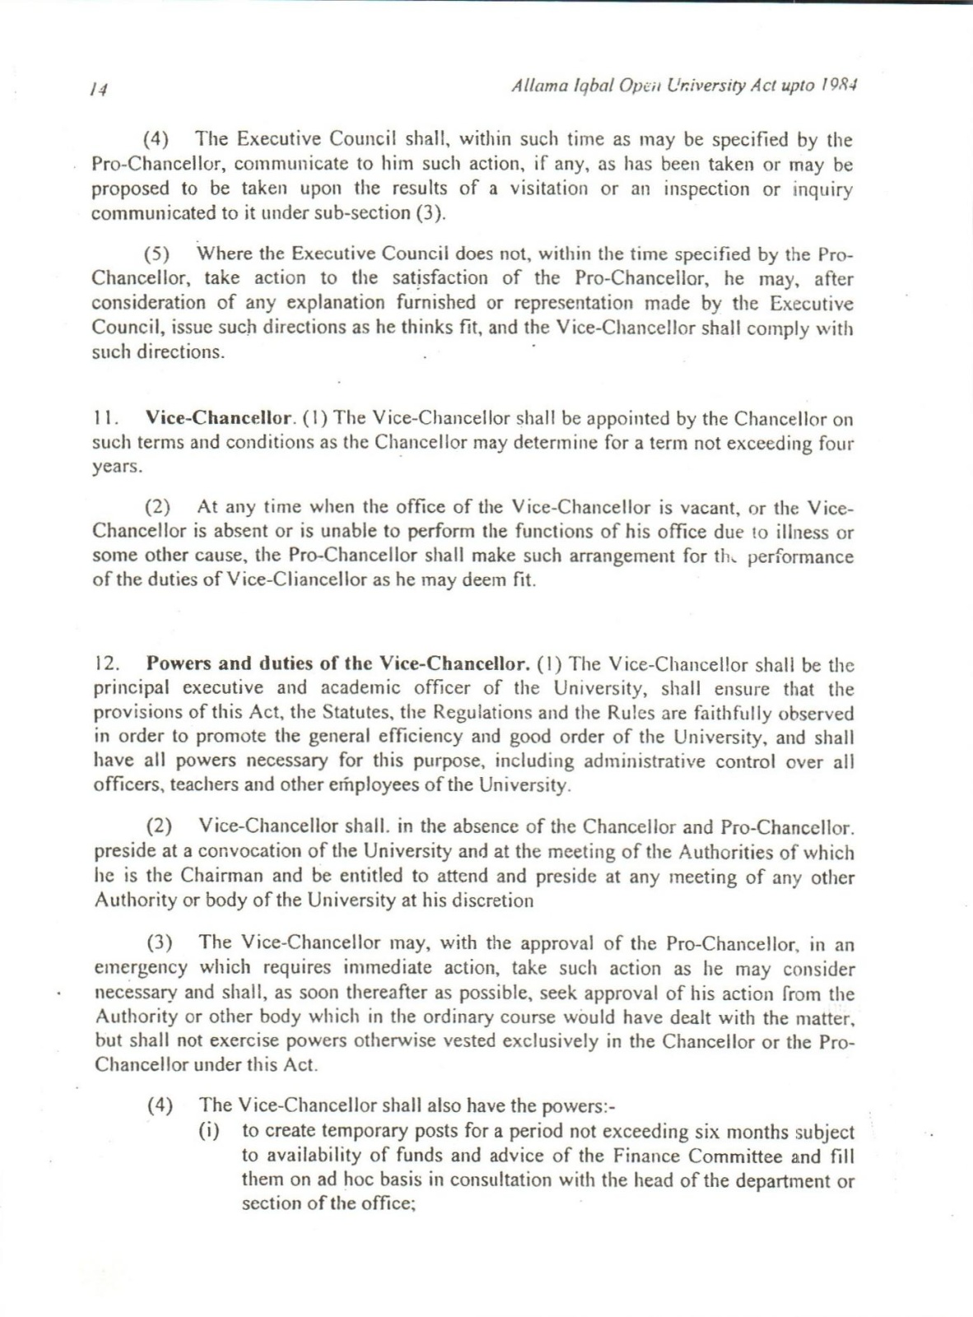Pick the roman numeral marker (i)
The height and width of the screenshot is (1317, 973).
pos(211,1133)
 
